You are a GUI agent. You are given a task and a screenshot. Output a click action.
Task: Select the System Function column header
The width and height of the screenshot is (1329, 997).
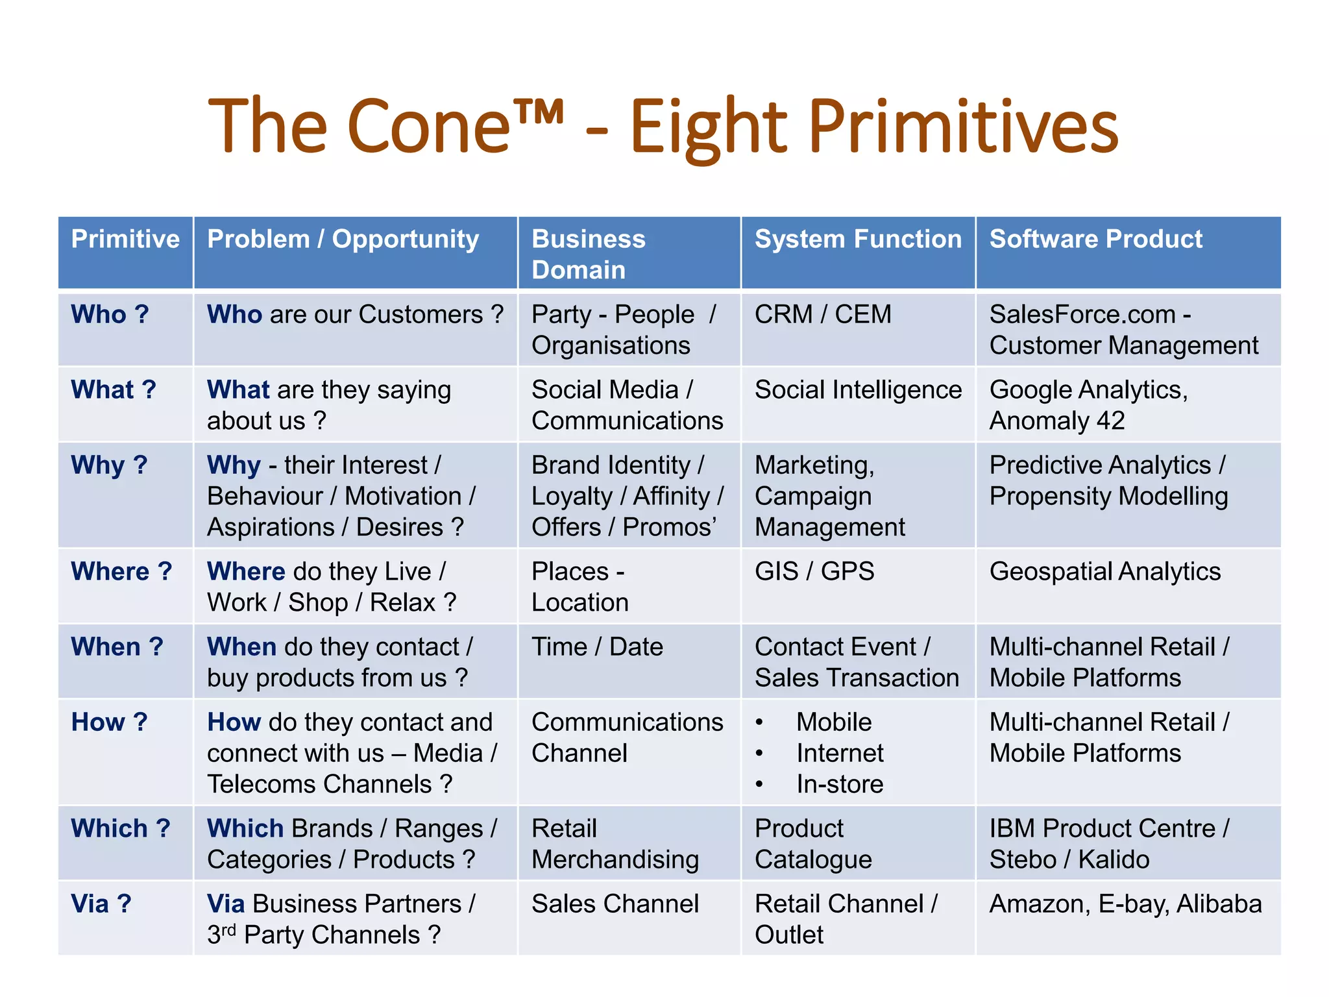(857, 240)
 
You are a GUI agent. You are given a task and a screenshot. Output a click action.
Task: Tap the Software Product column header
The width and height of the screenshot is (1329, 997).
(1095, 240)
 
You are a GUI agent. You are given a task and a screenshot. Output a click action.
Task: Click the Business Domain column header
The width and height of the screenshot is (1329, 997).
(588, 254)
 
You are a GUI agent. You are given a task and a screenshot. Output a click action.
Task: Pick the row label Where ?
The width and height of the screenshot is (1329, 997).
(121, 572)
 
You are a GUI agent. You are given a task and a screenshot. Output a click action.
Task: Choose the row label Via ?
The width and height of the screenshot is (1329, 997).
(101, 904)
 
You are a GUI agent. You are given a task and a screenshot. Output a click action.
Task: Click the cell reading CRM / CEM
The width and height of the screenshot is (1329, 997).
(822, 315)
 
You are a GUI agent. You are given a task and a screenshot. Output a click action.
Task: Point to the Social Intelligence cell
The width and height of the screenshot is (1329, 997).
(857, 390)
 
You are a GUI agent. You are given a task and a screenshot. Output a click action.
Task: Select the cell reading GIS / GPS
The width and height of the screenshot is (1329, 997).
(814, 572)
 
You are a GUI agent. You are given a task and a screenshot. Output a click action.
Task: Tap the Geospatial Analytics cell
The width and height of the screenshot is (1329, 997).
(1104, 572)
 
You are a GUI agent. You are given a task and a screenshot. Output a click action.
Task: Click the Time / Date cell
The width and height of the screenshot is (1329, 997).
(597, 647)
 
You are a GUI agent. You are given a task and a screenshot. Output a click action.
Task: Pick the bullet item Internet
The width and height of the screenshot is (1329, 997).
(840, 754)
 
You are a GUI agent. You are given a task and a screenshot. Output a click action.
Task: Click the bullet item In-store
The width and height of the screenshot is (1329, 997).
(840, 785)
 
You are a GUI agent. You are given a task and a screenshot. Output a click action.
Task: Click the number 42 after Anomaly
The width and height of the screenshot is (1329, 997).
(1110, 421)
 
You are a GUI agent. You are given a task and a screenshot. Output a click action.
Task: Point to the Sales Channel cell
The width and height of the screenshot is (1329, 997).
(615, 904)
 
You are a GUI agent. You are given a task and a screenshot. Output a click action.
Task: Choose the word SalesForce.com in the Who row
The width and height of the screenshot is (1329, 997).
(1082, 315)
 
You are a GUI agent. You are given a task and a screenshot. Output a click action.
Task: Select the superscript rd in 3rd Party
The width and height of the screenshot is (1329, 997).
(228, 929)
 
